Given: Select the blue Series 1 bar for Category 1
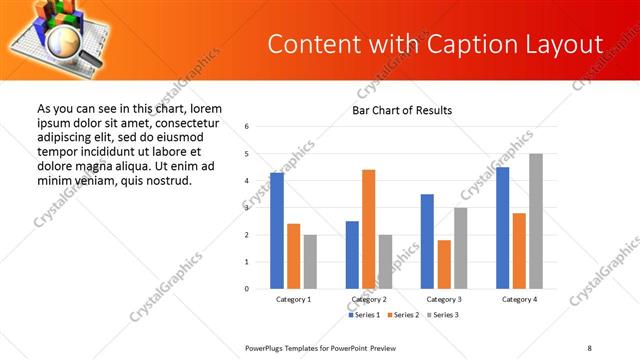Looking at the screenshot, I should pos(277,230).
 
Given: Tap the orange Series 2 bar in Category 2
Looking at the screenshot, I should pos(368,229).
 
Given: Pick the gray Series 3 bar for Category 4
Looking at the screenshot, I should pos(536,221).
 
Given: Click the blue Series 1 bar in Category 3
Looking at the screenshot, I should pos(427,241).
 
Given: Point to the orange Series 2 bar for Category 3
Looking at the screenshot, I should pos(444,264).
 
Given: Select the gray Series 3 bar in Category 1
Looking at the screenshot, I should pos(310,261).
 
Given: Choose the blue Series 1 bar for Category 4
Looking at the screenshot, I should pos(502,227).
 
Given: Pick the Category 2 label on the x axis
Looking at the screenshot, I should pos(369,299).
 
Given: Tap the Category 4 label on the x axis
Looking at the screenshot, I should pos(519,299).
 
